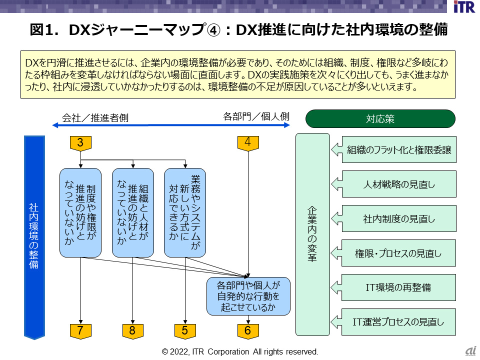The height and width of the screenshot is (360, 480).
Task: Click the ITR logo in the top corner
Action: pos(464,7)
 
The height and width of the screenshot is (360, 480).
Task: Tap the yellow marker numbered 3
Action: pos(80,143)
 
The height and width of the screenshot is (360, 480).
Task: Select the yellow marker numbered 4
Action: pos(248,142)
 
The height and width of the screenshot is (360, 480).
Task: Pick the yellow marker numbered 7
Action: pos(80,330)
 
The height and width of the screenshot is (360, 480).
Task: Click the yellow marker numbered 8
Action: pos(133,330)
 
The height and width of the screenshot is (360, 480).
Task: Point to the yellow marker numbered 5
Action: pos(185,330)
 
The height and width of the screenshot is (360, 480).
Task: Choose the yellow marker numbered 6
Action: pos(248,330)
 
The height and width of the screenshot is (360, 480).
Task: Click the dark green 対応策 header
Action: pos(380,119)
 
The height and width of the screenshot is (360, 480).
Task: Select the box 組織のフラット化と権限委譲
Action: pos(399,150)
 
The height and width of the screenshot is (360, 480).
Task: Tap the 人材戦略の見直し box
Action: pos(399,184)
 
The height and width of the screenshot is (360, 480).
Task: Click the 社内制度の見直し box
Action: pos(399,219)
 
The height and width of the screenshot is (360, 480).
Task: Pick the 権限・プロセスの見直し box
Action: pos(399,253)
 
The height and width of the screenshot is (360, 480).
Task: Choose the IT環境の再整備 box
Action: pos(399,287)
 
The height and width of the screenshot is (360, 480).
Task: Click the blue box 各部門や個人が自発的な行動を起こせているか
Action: pos(248,296)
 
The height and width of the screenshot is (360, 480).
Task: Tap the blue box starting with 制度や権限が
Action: pos(80,212)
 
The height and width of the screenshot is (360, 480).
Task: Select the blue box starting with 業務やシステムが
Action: pos(185,212)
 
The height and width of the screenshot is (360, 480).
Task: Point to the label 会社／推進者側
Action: pos(95,118)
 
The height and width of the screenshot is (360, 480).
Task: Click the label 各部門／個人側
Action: pos(256,116)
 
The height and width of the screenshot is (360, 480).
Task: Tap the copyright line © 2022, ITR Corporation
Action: pos(240,351)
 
